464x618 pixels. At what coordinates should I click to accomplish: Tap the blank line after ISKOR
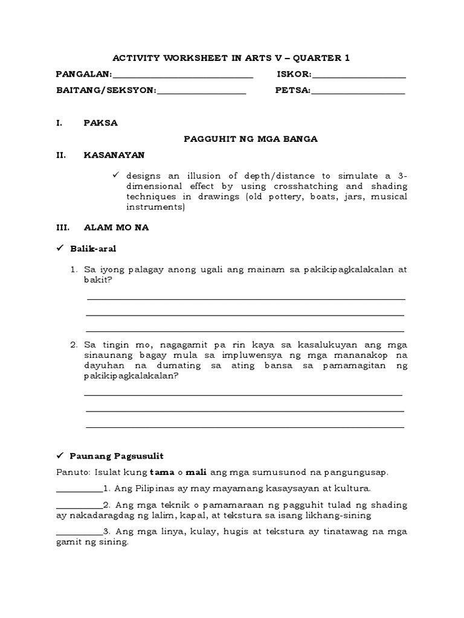359,76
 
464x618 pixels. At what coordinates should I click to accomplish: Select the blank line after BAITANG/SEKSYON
201,92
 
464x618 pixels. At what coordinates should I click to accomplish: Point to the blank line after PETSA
358,92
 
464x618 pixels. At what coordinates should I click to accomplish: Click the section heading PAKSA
101,123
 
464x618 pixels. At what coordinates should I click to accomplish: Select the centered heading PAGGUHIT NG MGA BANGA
251,139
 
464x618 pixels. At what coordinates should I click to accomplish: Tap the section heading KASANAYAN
114,155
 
